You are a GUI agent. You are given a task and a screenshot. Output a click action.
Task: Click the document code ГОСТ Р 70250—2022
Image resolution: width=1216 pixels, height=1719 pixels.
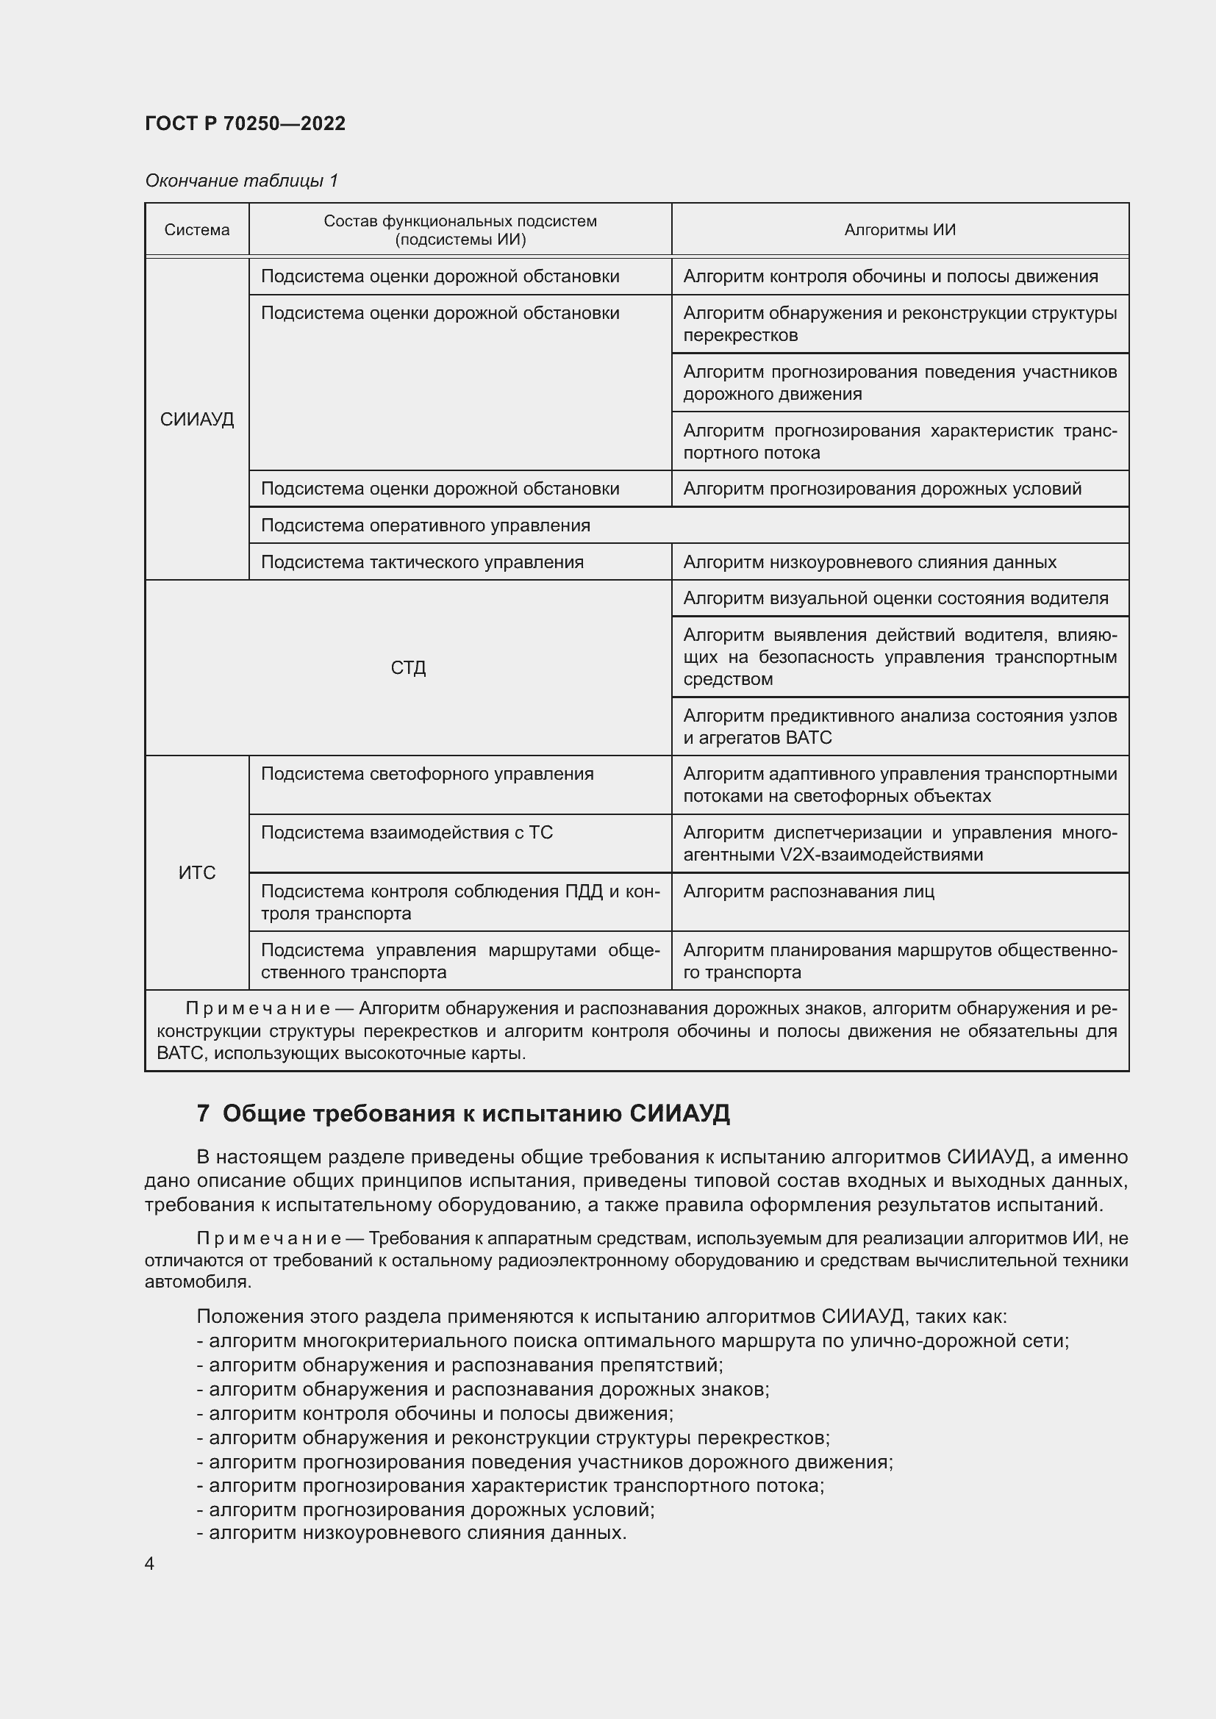[x=245, y=123]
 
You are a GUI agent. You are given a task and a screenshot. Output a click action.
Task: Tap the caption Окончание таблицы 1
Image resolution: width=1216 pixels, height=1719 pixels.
[x=241, y=181]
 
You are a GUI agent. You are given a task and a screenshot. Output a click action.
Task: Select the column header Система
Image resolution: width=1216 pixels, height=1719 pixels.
[x=197, y=230]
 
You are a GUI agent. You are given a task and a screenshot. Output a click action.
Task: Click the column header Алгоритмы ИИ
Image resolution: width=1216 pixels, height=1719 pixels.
[x=899, y=230]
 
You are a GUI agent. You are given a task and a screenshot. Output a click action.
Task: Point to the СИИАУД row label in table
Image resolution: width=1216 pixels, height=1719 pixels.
[x=197, y=419]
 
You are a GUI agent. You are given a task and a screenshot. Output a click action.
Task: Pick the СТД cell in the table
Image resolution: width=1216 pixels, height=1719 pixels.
[x=408, y=667]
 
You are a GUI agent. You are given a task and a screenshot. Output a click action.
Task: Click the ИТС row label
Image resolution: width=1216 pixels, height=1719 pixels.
[x=197, y=872]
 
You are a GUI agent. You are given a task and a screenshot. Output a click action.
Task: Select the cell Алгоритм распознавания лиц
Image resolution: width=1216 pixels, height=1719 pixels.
[x=808, y=891]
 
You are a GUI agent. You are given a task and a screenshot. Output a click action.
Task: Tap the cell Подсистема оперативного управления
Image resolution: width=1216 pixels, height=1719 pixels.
[x=425, y=525]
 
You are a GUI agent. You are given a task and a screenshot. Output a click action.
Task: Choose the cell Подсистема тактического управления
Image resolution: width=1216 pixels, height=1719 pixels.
[x=422, y=562]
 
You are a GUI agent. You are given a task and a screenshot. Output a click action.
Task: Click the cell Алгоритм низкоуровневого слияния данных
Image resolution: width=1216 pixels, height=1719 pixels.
[x=869, y=562]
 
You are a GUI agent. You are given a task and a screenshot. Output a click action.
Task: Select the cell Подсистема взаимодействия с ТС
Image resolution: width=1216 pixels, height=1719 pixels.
[x=407, y=833]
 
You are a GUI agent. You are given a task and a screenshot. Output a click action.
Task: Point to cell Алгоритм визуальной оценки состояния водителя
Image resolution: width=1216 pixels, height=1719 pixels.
[x=895, y=598]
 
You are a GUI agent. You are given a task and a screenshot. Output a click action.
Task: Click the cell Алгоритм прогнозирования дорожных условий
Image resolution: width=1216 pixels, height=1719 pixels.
[x=882, y=489]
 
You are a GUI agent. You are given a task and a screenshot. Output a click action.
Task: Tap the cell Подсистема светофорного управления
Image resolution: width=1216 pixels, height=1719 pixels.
[x=427, y=774]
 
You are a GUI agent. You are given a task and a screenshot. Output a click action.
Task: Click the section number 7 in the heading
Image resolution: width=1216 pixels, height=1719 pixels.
[x=203, y=1114]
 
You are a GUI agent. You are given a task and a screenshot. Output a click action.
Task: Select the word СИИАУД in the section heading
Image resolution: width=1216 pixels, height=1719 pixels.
[x=679, y=1114]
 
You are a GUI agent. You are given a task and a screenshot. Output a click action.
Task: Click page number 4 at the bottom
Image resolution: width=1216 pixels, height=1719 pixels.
[x=149, y=1564]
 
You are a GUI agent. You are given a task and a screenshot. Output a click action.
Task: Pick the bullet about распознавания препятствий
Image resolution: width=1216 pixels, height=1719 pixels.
[x=465, y=1365]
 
